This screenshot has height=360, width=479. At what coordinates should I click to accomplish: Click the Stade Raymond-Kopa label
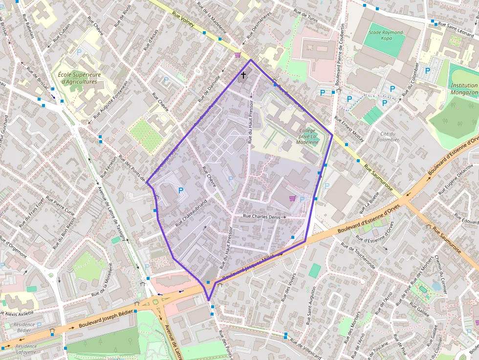pos(386,36)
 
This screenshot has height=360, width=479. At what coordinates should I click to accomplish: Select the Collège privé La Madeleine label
pos(308,136)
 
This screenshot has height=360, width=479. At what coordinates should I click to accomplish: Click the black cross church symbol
pos(243,75)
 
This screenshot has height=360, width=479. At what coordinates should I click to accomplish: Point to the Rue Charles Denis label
pos(261,216)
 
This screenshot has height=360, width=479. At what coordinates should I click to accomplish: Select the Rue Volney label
pos(184,21)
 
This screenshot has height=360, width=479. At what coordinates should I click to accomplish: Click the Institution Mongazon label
pos(464,88)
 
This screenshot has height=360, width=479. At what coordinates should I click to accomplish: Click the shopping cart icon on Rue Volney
pos(238,55)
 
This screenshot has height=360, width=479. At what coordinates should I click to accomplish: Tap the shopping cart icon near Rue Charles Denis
pos(292,198)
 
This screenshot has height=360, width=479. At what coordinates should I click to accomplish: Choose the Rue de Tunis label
pos(305,18)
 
